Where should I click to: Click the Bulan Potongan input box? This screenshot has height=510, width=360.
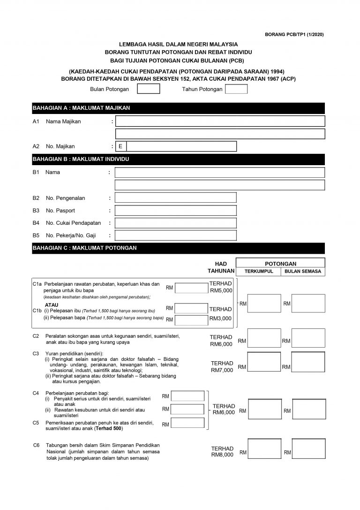click(x=149, y=89)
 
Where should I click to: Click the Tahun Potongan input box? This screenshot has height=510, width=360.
click(x=236, y=89)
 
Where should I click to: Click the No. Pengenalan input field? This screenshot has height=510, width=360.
click(x=176, y=198)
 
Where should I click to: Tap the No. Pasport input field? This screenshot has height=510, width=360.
click(x=176, y=211)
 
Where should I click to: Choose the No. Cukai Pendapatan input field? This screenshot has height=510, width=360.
click(x=176, y=223)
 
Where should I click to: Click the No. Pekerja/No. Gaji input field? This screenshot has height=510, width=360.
click(x=176, y=236)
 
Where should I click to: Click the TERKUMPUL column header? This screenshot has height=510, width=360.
click(x=258, y=272)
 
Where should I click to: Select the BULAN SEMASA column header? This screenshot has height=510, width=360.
click(x=302, y=272)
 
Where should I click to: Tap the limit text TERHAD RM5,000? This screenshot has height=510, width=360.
click(x=221, y=287)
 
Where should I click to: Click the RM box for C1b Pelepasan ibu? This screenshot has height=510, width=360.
click(x=191, y=308)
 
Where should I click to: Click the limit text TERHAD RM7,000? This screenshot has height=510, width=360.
click(x=222, y=367)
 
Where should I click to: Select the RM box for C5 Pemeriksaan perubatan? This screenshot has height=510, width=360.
click(x=188, y=424)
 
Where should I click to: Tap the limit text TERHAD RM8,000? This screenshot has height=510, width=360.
click(x=222, y=451)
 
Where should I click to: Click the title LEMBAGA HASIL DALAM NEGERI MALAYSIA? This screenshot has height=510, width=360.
click(x=178, y=44)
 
